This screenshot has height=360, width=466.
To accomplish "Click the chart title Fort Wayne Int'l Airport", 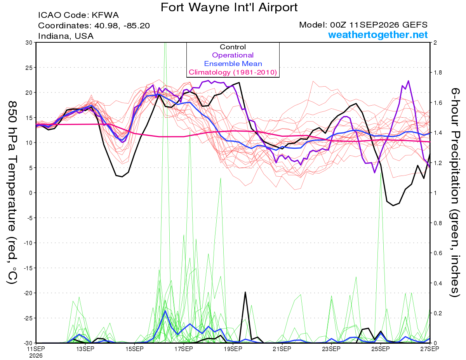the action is tap(229, 7).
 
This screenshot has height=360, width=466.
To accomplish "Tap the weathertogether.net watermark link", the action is tap(378, 35).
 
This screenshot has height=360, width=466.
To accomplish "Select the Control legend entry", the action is tap(233, 47).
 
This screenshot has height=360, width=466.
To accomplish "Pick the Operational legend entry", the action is tap(233, 55).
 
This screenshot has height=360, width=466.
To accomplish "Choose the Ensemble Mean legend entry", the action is tap(233, 64).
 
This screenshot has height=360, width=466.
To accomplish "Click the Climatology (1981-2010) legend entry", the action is tap(233, 72).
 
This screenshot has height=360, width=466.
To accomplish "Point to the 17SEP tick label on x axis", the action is tap(184, 349).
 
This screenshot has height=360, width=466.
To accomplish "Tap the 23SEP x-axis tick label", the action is tap(331, 349).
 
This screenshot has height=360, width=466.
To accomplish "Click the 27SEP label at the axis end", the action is tap(429, 349).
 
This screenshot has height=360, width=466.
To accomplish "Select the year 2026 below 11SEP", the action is tap(36, 356).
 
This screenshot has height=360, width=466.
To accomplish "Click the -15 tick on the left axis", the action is tap(28, 268).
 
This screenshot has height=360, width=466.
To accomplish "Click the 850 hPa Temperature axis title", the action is tap(12, 193).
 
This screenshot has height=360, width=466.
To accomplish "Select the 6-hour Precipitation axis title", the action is tap(454, 192).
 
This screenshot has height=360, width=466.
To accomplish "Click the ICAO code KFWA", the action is tap(105, 15).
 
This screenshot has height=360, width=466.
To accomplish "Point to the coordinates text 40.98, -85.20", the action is tap(122, 26).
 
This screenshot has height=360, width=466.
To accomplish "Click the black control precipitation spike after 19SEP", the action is tap(245, 292).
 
